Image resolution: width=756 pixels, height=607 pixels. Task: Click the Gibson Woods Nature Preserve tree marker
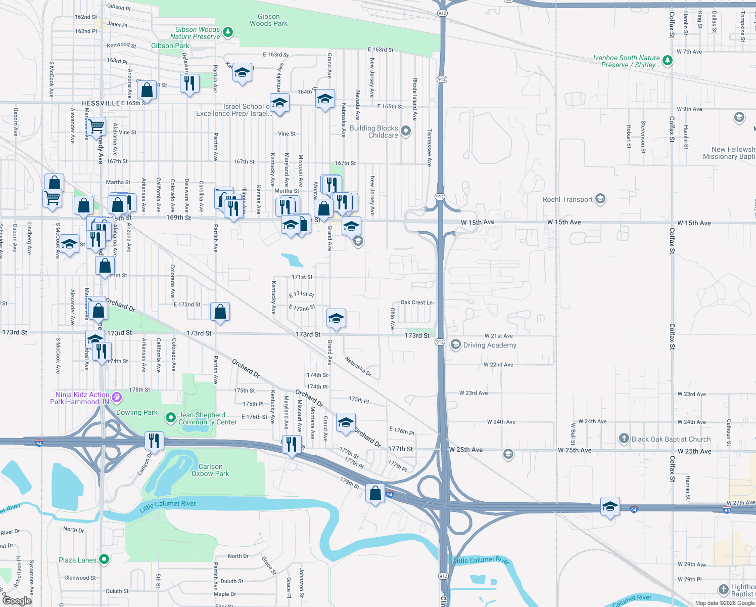pyautogui.click(x=228, y=32)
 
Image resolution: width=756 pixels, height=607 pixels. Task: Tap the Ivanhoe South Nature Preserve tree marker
pyautogui.click(x=668, y=61)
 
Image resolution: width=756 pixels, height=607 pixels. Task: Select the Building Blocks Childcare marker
pyautogui.click(x=405, y=132)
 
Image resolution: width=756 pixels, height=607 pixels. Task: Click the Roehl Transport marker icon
pyautogui.click(x=600, y=199)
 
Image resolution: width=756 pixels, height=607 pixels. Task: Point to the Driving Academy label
pyautogui.click(x=490, y=345)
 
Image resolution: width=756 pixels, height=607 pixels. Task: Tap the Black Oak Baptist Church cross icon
pyautogui.click(x=624, y=439)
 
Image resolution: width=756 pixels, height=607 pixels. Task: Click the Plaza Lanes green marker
pyautogui.click(x=104, y=559)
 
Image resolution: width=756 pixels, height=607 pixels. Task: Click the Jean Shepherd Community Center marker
pyautogui.click(x=171, y=418)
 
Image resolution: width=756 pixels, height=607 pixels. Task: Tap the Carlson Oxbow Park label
pyautogui.click(x=210, y=470)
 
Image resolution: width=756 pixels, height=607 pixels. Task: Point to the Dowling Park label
pyautogui.click(x=137, y=412)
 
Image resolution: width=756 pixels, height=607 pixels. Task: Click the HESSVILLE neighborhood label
pyautogui.click(x=101, y=103)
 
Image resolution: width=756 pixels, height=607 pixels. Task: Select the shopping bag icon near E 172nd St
pyautogui.click(x=220, y=312)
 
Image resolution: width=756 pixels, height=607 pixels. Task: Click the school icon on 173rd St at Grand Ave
pyautogui.click(x=336, y=318)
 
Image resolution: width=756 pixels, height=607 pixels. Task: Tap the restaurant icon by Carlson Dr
pyautogui.click(x=154, y=441)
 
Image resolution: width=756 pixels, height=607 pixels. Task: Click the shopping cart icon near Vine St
pyautogui.click(x=96, y=126)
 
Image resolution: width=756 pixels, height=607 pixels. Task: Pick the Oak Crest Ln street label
pyautogui.click(x=416, y=302)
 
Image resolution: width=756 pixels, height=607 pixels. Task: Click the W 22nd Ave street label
pyautogui.click(x=498, y=365)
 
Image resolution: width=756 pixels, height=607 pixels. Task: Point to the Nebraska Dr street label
pyautogui.click(x=358, y=367)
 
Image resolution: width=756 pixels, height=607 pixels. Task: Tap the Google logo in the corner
pyautogui.click(x=17, y=600)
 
